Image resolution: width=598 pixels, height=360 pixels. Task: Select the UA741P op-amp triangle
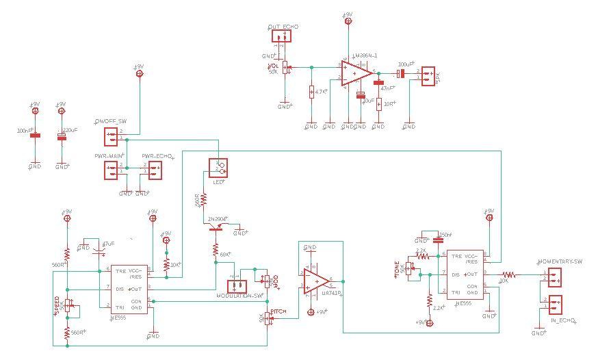coord(316,280)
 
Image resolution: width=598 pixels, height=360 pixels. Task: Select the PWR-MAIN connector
coord(112,169)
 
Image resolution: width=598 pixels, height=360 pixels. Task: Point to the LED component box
coord(220,167)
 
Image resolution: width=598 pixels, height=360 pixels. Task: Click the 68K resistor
coord(215,254)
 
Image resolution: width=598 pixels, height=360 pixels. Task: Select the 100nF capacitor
coord(35,136)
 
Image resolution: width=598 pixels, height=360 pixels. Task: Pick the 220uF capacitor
coord(62,136)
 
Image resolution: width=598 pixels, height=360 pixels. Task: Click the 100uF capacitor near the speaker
coord(402,73)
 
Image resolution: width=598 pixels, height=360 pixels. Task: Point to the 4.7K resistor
coord(311,91)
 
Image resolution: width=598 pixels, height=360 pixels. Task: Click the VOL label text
coord(272,66)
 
